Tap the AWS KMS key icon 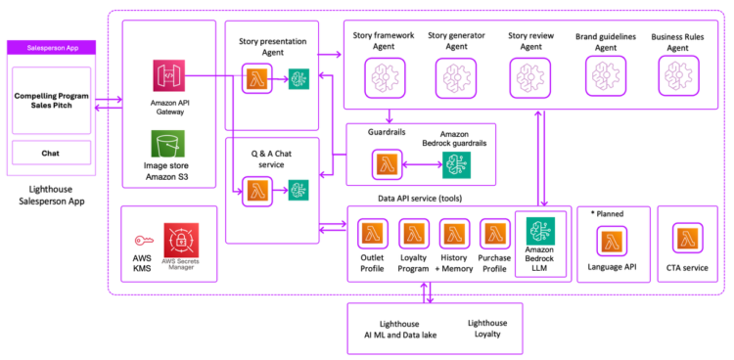142,239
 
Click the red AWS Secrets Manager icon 180,241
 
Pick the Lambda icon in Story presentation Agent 257,79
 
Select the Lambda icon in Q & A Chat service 257,189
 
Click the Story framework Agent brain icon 382,75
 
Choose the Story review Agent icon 530,74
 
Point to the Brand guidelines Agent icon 604,74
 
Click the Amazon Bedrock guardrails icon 457,165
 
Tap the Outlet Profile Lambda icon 373,235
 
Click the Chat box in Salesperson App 50,152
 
